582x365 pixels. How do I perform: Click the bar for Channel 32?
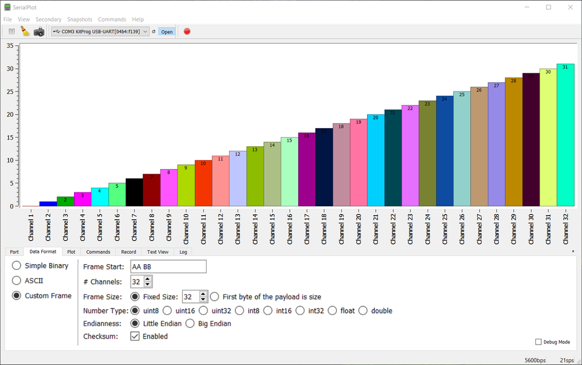[x=565, y=135]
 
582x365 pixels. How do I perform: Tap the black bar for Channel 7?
[x=134, y=192]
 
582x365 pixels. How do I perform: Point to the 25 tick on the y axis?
[x=10, y=92]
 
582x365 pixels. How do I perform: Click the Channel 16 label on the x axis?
[x=289, y=228]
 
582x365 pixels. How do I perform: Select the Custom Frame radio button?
[x=17, y=296]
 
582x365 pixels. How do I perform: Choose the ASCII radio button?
[x=17, y=280]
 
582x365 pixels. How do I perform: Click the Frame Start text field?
[x=168, y=266]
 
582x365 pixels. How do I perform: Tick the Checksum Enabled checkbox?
[x=135, y=336]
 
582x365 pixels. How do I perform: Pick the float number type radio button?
[x=333, y=311]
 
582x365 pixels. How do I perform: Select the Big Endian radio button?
[x=190, y=324]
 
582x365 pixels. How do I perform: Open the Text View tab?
[x=157, y=252]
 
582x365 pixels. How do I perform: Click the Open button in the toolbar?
[x=167, y=31]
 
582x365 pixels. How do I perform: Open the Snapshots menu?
[x=79, y=19]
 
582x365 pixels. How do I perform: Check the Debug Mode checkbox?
[x=538, y=342]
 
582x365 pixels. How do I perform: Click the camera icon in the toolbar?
[x=39, y=31]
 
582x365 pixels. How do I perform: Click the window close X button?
[x=568, y=7]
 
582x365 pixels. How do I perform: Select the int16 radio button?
[x=268, y=311]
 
